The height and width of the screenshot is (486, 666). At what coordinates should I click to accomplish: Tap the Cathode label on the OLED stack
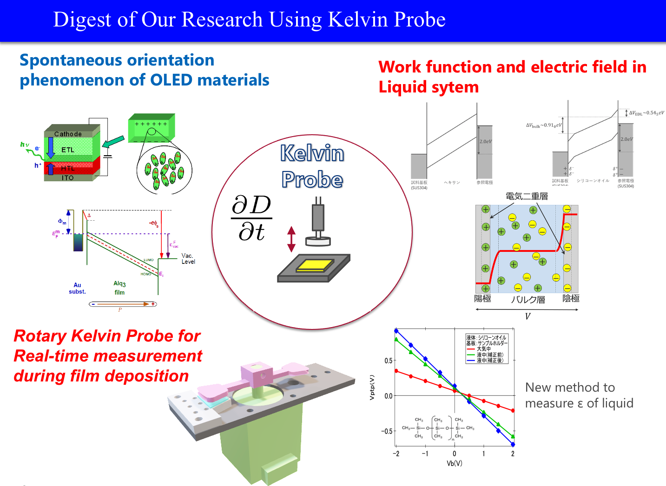coord(68,134)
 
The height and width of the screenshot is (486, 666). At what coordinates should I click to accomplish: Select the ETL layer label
coord(68,150)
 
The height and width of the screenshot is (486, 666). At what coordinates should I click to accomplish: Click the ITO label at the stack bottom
coord(68,178)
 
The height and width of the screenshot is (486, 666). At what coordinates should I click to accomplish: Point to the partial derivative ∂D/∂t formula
coord(251,218)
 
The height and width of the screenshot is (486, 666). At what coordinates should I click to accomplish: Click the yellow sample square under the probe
coord(315,265)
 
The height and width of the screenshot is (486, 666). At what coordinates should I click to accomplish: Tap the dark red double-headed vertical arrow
coord(291,239)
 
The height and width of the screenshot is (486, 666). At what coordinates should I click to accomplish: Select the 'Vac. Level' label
coord(188,259)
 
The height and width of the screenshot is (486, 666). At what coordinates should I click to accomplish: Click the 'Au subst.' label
coord(77,289)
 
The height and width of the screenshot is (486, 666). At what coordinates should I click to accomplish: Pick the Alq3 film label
coord(119,288)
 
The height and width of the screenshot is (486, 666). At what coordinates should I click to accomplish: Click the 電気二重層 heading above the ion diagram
coord(527,197)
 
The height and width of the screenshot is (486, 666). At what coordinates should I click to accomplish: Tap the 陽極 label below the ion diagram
coord(482,299)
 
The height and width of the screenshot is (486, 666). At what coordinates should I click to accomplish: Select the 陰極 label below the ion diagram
coord(571,298)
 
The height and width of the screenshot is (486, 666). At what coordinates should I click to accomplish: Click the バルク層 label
coord(528,300)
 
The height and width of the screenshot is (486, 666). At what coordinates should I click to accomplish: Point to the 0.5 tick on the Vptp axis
coord(388,361)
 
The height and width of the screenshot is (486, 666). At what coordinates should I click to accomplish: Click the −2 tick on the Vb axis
coord(396,454)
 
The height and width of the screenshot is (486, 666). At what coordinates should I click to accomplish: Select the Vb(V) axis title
coord(454,464)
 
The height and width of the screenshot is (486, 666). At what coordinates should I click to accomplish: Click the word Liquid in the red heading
coord(404,87)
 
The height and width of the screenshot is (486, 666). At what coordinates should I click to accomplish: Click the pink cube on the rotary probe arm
coord(257,374)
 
